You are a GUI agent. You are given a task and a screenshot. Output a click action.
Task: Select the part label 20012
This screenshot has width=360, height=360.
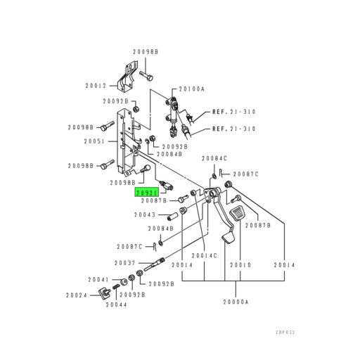click(96, 85)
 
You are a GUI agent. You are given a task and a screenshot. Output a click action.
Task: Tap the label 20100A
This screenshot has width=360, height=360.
click(191, 89)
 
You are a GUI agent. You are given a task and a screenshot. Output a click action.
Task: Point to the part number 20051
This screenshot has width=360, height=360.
click(96, 141)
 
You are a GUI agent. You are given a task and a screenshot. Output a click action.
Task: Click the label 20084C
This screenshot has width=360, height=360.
click(214, 158)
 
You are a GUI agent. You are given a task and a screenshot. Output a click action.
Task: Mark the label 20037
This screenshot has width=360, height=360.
click(125, 262)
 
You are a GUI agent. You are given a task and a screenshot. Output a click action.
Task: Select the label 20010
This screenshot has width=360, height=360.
click(240, 265)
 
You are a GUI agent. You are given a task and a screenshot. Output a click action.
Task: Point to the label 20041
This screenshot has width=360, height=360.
click(98, 279)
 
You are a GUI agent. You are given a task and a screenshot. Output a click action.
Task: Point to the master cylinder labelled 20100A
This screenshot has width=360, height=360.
click(171, 109)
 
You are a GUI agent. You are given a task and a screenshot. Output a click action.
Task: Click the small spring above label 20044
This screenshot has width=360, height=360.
click(116, 290)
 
